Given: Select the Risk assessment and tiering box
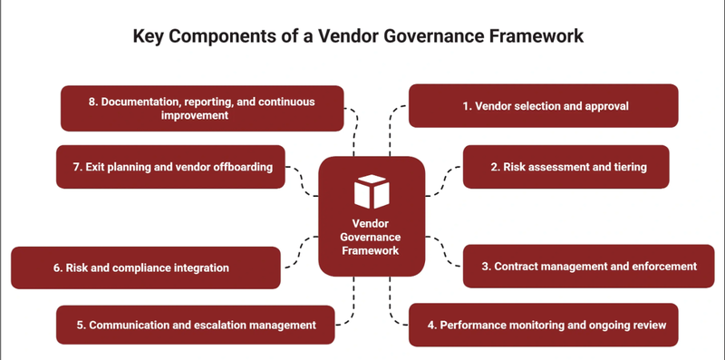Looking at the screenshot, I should tap(566, 167).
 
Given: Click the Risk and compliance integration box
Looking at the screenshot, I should tap(146, 268).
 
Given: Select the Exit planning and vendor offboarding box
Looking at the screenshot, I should tap(170, 167).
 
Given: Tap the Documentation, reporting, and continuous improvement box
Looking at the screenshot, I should tap(202, 108).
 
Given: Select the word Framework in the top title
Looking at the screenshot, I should tap(531, 37).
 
